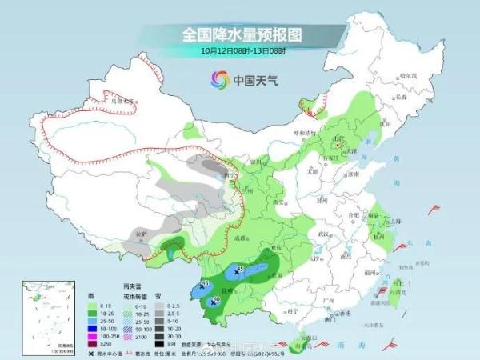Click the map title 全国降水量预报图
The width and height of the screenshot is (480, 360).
241,34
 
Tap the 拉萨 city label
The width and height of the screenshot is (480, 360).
142,233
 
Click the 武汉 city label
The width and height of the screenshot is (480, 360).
324,234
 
